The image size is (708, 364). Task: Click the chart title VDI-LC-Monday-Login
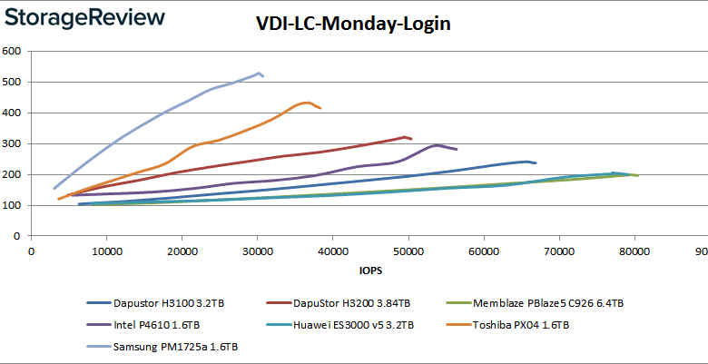[x=353, y=25]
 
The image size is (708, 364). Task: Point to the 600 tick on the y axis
[x=13, y=51]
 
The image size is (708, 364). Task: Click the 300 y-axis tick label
[x=13, y=143]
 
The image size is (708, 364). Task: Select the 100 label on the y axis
[x=13, y=205]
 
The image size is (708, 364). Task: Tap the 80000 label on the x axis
[x=634, y=251]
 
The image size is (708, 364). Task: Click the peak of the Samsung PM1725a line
[x=259, y=73]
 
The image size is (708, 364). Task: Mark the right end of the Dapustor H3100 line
[x=536, y=163]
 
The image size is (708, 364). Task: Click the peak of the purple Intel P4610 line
[x=438, y=145]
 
